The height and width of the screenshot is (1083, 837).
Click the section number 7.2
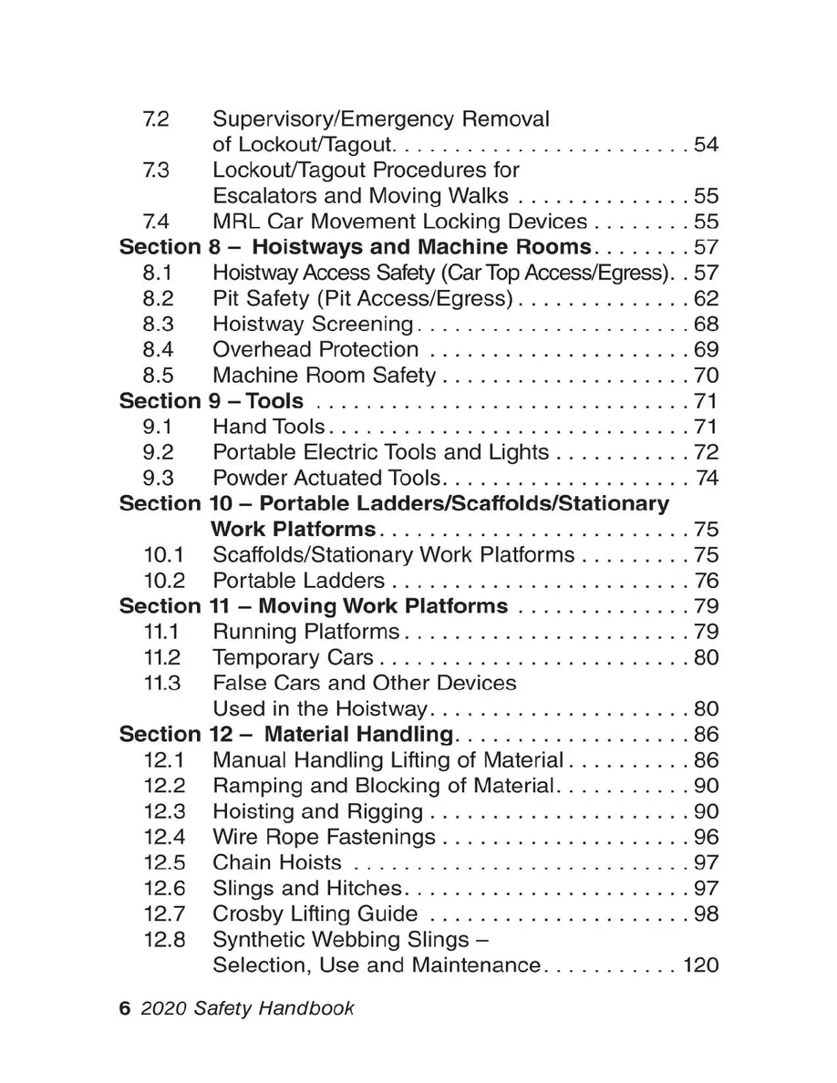[x=156, y=119]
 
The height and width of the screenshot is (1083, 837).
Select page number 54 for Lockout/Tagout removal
[x=707, y=145]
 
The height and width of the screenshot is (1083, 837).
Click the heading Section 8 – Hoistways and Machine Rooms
[x=356, y=247]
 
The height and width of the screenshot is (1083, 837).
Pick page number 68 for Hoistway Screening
[x=707, y=324]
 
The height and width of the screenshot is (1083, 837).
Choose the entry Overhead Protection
[x=315, y=349]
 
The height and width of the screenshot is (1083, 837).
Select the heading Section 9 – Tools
[x=212, y=401]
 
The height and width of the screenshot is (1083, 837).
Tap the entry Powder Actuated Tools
[x=326, y=478]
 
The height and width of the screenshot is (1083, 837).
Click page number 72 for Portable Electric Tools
[x=707, y=452]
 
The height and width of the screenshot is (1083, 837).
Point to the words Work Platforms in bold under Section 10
[x=293, y=529]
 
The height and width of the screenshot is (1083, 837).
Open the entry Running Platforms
[x=305, y=632]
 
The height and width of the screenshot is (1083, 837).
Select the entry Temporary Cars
[x=293, y=657]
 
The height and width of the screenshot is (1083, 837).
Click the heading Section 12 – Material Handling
[x=286, y=735]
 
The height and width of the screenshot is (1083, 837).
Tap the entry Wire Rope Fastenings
[x=324, y=837]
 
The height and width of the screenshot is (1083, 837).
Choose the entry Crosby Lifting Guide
[x=315, y=914]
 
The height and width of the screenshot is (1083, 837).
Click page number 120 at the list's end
[x=700, y=965]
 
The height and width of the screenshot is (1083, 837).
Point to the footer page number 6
[x=125, y=1009]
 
